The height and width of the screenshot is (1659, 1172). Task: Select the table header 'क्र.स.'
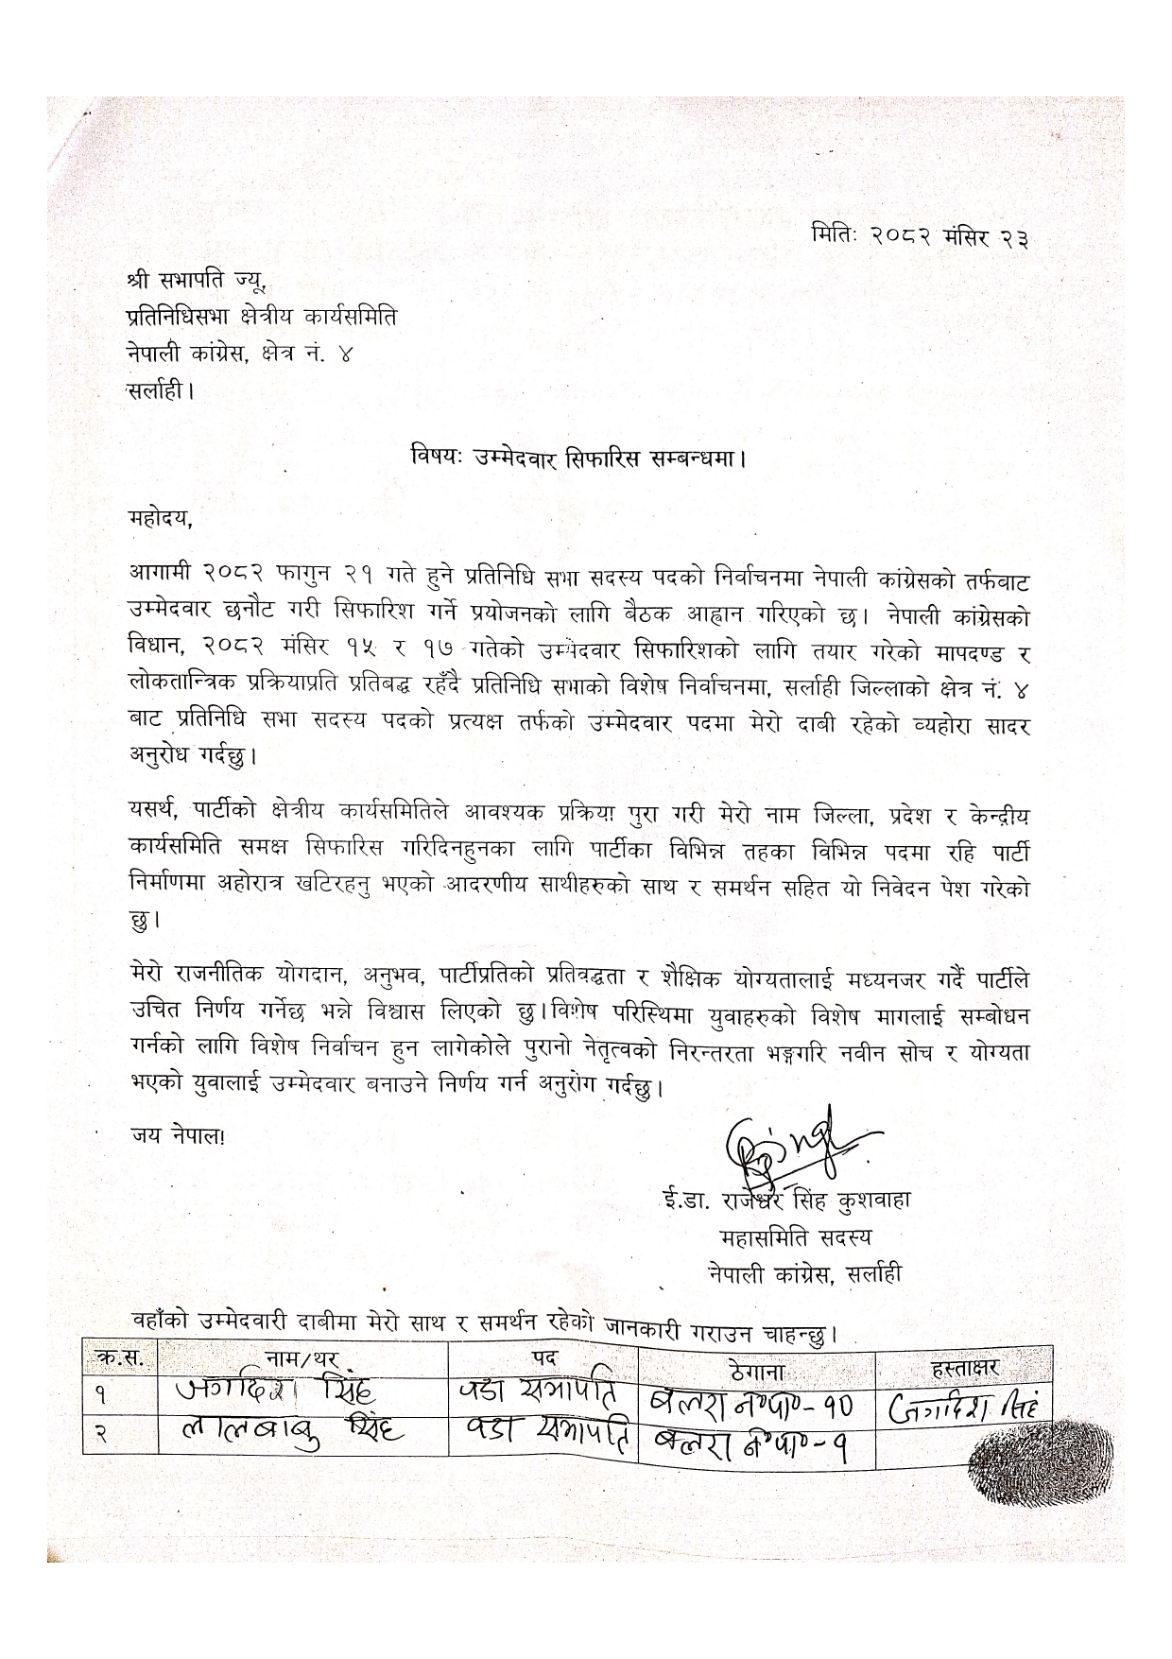coord(120,1358)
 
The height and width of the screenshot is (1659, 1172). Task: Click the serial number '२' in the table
coord(100,1436)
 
